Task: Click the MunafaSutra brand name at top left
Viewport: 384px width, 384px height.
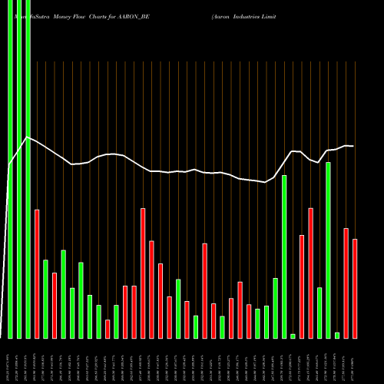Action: (31, 15)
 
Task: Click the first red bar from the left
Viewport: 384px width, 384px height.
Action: (37, 273)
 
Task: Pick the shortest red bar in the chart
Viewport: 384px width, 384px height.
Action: (108, 329)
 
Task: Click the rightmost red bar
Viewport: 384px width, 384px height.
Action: (355, 288)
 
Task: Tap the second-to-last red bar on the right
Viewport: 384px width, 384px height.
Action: (346, 283)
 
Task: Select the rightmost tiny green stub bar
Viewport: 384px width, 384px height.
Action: (337, 335)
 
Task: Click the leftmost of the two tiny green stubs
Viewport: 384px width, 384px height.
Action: (293, 336)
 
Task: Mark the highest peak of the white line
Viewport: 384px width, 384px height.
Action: (28, 137)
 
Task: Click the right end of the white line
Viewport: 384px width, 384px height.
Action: (353, 146)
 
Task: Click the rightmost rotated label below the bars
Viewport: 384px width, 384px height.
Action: (355, 361)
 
